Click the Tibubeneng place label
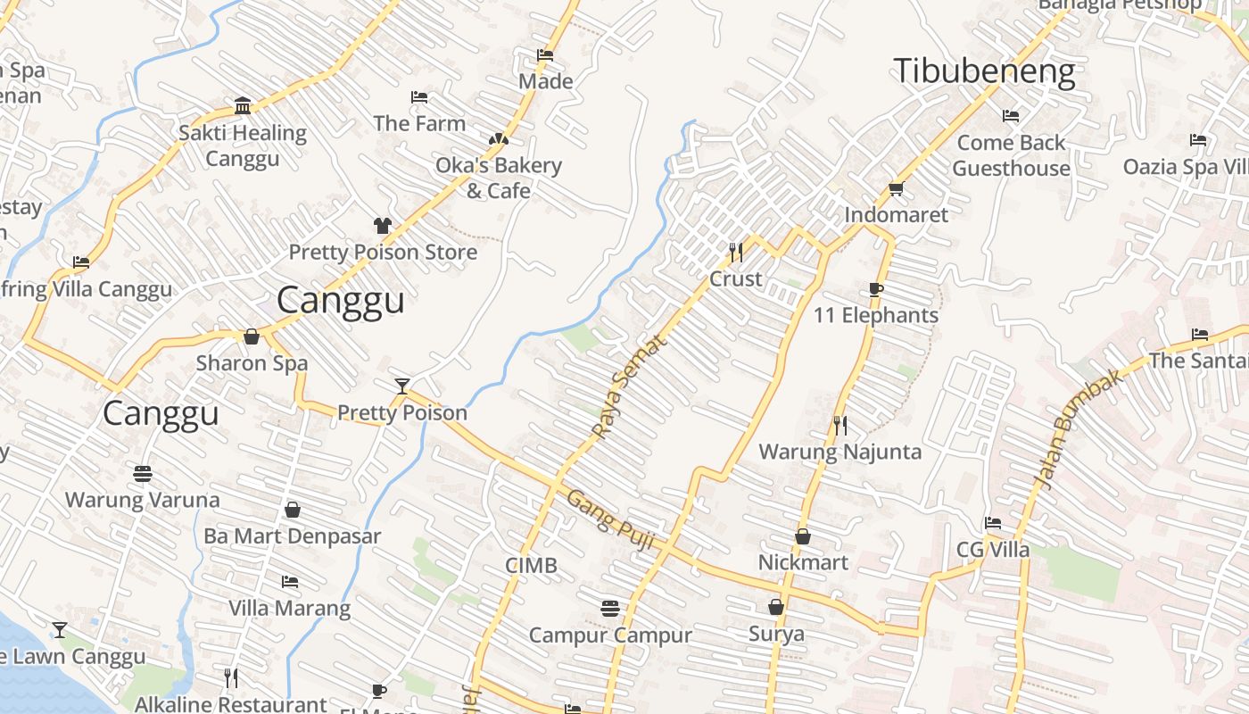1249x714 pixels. (x=984, y=71)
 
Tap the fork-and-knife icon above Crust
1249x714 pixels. (x=736, y=253)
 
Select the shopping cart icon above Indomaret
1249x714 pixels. (x=896, y=188)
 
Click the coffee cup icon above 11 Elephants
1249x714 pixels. (x=876, y=289)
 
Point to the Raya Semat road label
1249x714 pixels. (x=629, y=386)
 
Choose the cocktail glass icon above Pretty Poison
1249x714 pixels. (x=402, y=386)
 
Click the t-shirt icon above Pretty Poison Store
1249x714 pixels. (x=383, y=226)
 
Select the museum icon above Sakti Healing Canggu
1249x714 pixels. (x=243, y=106)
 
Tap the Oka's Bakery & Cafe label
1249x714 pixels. (x=498, y=178)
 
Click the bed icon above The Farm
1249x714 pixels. (x=419, y=97)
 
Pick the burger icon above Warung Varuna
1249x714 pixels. (x=142, y=473)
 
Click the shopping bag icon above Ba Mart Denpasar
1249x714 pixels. (x=293, y=510)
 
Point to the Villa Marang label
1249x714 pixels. (x=289, y=609)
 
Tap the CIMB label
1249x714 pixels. (x=531, y=565)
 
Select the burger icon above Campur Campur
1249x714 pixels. (x=610, y=609)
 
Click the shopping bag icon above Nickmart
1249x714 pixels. (x=803, y=536)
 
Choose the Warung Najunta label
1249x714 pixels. (x=840, y=452)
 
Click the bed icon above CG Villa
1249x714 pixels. (x=993, y=523)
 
